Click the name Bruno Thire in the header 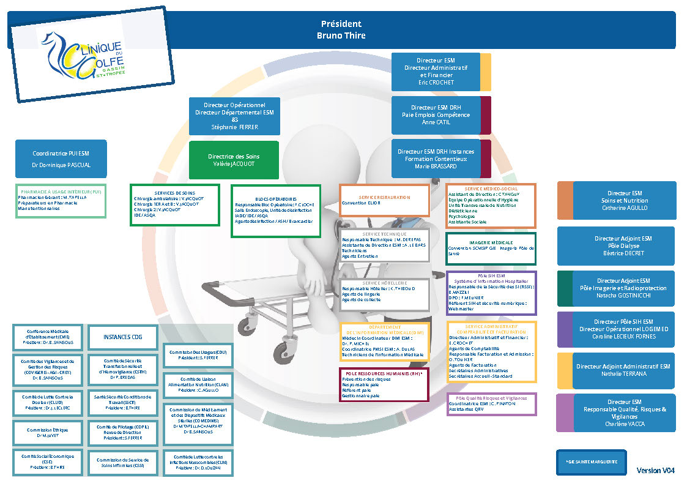[341, 36]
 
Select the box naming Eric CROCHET [436, 72]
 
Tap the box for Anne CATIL [436, 114]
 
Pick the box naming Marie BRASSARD [436, 159]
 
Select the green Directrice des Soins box [234, 160]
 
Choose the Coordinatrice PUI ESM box [61, 160]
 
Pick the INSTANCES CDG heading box [122, 337]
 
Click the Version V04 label [655, 471]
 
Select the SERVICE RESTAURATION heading [385, 198]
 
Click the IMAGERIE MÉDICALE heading [491, 242]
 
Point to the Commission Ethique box [47, 433]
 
